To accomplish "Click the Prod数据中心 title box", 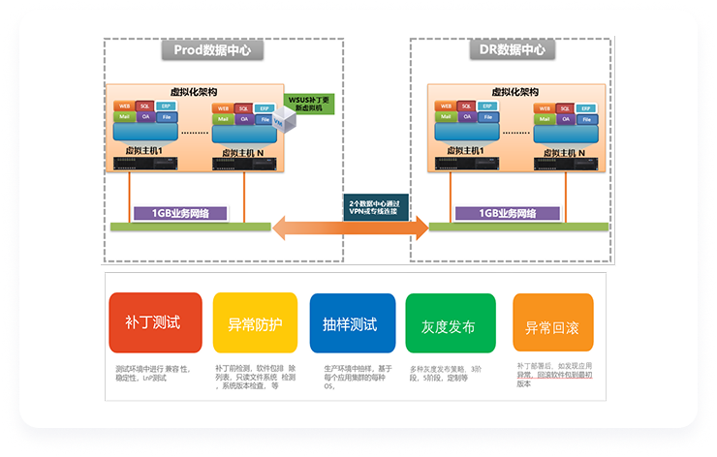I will [x=212, y=50].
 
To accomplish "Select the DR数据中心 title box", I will [x=512, y=50].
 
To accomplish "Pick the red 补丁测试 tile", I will [x=155, y=323].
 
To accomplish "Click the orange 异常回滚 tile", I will [x=550, y=323].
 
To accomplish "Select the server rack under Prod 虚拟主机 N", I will [x=242, y=166].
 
